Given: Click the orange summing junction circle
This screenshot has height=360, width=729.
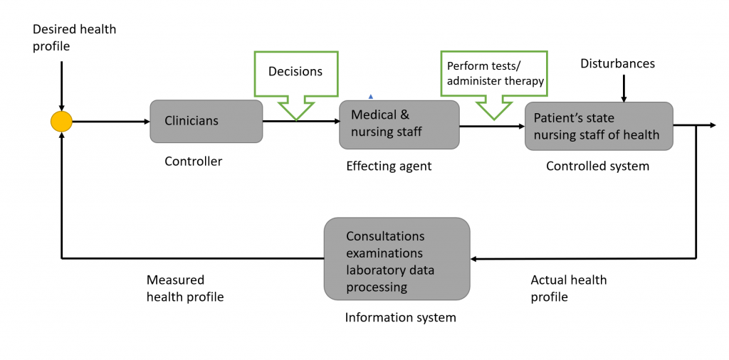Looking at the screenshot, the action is [x=61, y=122].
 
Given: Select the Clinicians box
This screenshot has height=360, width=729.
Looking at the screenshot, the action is [x=206, y=121].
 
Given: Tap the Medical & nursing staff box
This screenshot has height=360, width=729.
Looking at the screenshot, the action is [x=399, y=125].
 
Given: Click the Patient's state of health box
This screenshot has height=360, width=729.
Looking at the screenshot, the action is [x=599, y=126].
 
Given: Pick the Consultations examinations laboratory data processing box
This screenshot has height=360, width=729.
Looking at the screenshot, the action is [x=397, y=259].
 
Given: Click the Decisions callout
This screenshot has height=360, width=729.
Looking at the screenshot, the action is [x=295, y=85].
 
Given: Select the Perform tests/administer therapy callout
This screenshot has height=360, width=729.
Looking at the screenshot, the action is [x=494, y=85].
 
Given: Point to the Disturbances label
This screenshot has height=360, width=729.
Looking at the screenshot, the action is [x=617, y=63].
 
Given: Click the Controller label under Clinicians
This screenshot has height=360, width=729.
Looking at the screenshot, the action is [x=194, y=162].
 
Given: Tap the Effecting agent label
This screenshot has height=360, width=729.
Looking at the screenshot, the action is [x=389, y=166].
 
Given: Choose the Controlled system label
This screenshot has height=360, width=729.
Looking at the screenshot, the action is [x=597, y=166].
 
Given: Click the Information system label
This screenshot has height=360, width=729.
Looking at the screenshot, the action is [x=400, y=318].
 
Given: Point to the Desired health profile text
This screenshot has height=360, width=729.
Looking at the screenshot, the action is [x=74, y=38].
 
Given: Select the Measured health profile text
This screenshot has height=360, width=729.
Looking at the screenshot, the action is [x=185, y=288].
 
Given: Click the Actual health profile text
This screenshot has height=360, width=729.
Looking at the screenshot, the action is [x=569, y=288].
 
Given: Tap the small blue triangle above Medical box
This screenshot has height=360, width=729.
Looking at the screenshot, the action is [x=370, y=97].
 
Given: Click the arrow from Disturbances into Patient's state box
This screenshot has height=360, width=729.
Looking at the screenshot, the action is [x=624, y=86].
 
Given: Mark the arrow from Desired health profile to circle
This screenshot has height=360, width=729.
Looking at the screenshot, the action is [x=61, y=86].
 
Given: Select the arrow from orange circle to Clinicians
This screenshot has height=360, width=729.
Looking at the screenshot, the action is [x=111, y=122].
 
